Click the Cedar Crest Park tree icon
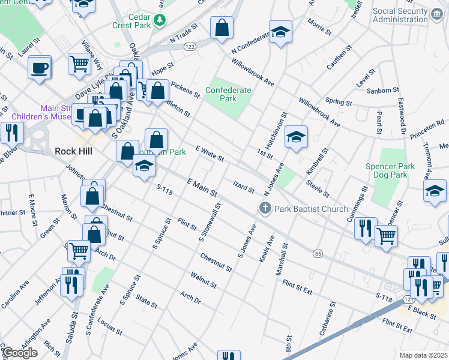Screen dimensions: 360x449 160,21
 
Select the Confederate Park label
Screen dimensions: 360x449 228,94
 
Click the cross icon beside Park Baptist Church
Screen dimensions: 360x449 264,209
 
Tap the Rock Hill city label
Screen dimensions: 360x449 73,151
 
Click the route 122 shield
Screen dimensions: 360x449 188,47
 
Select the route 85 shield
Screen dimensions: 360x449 317,254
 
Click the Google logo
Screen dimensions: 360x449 19,353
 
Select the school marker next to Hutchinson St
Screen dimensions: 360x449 296,137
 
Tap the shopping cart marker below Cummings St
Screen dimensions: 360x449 387,235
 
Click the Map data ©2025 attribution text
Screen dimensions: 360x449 423,355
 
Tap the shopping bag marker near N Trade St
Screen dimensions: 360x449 221,27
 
